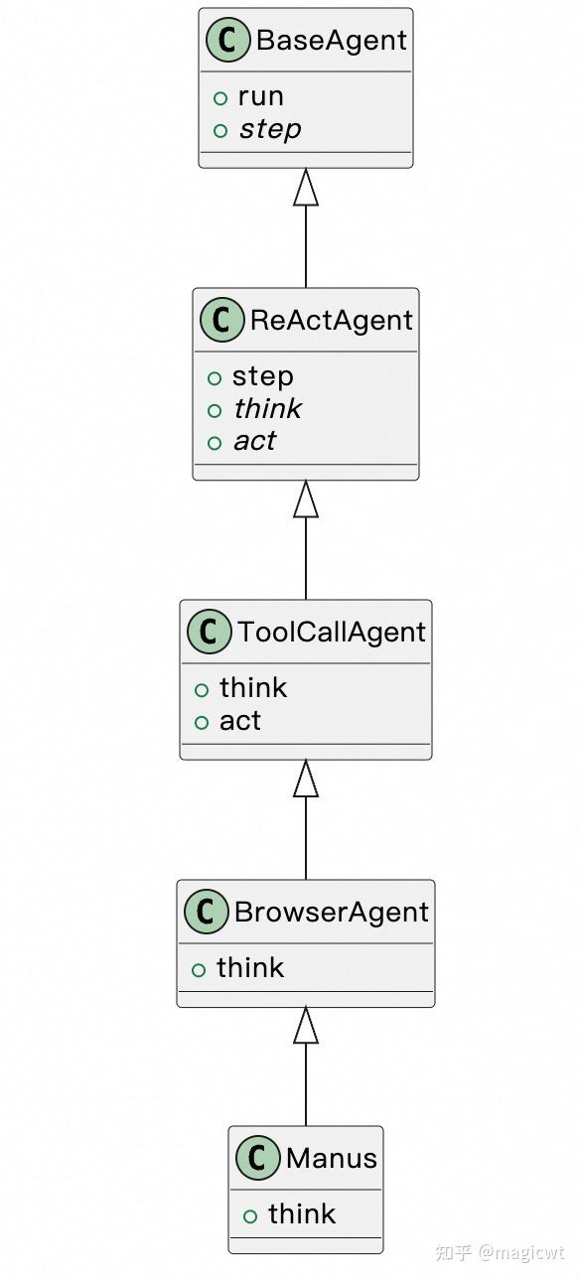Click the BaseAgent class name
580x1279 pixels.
(x=331, y=41)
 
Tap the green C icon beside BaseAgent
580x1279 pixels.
(x=228, y=41)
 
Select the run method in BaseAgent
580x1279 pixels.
(x=260, y=96)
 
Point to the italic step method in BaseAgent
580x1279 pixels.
(x=269, y=129)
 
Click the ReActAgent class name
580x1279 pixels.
(x=331, y=321)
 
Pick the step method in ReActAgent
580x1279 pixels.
(x=262, y=376)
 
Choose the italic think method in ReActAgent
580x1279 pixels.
(x=267, y=409)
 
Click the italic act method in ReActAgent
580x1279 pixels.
(x=254, y=441)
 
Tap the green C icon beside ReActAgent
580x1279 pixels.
(x=222, y=321)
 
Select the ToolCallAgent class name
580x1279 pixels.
(x=331, y=633)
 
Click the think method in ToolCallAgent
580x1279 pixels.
(x=253, y=688)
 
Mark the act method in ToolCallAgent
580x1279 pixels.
(x=240, y=721)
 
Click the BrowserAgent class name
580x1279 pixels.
(x=331, y=913)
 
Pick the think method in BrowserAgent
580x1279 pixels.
(x=250, y=968)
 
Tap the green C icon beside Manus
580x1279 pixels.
(x=258, y=1159)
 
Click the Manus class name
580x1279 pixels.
(x=331, y=1159)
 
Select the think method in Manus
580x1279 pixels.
(x=302, y=1214)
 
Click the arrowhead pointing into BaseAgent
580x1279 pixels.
(x=306, y=188)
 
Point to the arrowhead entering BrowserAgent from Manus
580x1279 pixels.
(x=306, y=1026)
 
